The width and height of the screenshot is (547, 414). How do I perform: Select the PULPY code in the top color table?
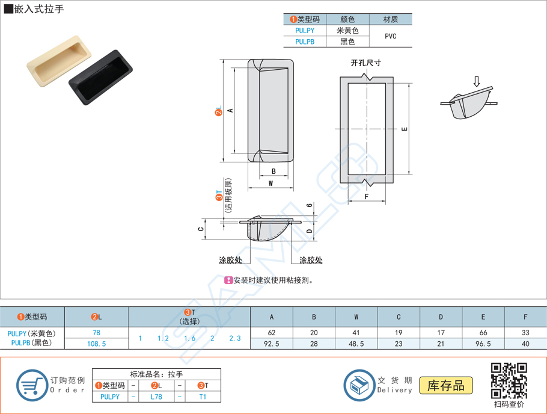(x=304, y=31)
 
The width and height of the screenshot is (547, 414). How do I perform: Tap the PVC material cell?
(x=390, y=36)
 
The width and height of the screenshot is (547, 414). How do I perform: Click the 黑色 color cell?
(x=347, y=42)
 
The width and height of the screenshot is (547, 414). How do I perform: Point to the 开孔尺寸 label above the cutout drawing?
(x=366, y=63)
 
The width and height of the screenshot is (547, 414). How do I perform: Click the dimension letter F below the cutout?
(x=366, y=196)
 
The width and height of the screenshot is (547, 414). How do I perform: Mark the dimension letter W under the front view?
(x=271, y=184)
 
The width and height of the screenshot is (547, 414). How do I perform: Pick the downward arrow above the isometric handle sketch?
(x=477, y=81)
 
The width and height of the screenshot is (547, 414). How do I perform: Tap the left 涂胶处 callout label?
(x=230, y=260)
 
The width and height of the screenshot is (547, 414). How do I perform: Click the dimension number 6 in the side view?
(x=309, y=206)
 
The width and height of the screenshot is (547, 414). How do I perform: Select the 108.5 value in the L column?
(x=96, y=344)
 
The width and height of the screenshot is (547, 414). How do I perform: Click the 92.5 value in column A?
(x=272, y=344)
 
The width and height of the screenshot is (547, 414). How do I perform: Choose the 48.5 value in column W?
(x=356, y=344)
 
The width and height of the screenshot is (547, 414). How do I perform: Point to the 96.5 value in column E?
(x=483, y=344)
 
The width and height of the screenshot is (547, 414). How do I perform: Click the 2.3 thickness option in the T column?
(x=234, y=338)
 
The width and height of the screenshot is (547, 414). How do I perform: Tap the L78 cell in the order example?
(x=156, y=397)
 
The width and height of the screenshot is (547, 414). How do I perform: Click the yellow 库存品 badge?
(x=450, y=386)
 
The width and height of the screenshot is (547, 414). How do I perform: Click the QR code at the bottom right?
(x=509, y=380)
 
